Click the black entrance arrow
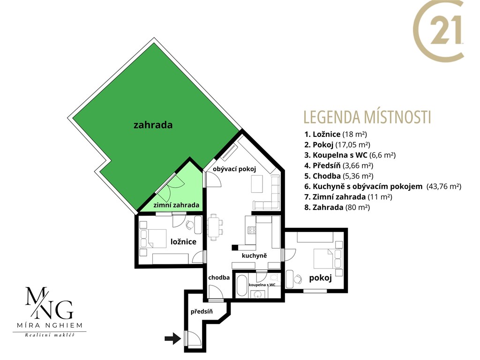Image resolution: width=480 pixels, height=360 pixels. pos(172,338)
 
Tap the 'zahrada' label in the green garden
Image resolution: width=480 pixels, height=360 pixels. pos(153,125)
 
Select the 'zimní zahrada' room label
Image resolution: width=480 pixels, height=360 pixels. pos(176,205)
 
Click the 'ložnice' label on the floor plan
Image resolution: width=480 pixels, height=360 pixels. pos(183,242)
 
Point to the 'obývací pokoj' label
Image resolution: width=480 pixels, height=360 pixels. pos(234,169)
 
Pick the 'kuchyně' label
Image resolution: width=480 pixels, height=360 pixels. pos(255,255)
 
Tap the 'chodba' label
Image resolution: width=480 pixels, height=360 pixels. pos(219,277)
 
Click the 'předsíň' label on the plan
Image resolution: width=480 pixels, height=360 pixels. pos(202,312)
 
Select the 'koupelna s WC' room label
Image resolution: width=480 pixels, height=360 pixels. pos(262,285)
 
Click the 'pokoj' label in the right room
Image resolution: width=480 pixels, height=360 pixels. pos(321,278)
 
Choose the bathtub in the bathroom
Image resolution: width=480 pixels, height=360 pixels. pos(241,285)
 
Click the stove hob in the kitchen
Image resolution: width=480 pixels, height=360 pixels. pos(252,230)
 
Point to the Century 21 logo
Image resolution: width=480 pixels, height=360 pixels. pos(438,30)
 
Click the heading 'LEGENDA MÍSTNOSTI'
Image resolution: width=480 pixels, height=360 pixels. pos(367,117)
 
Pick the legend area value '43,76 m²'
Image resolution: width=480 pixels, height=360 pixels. pos(444,186)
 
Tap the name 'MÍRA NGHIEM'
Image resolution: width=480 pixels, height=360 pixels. pos(50,325)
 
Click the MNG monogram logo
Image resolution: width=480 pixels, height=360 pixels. pos(49,303)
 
